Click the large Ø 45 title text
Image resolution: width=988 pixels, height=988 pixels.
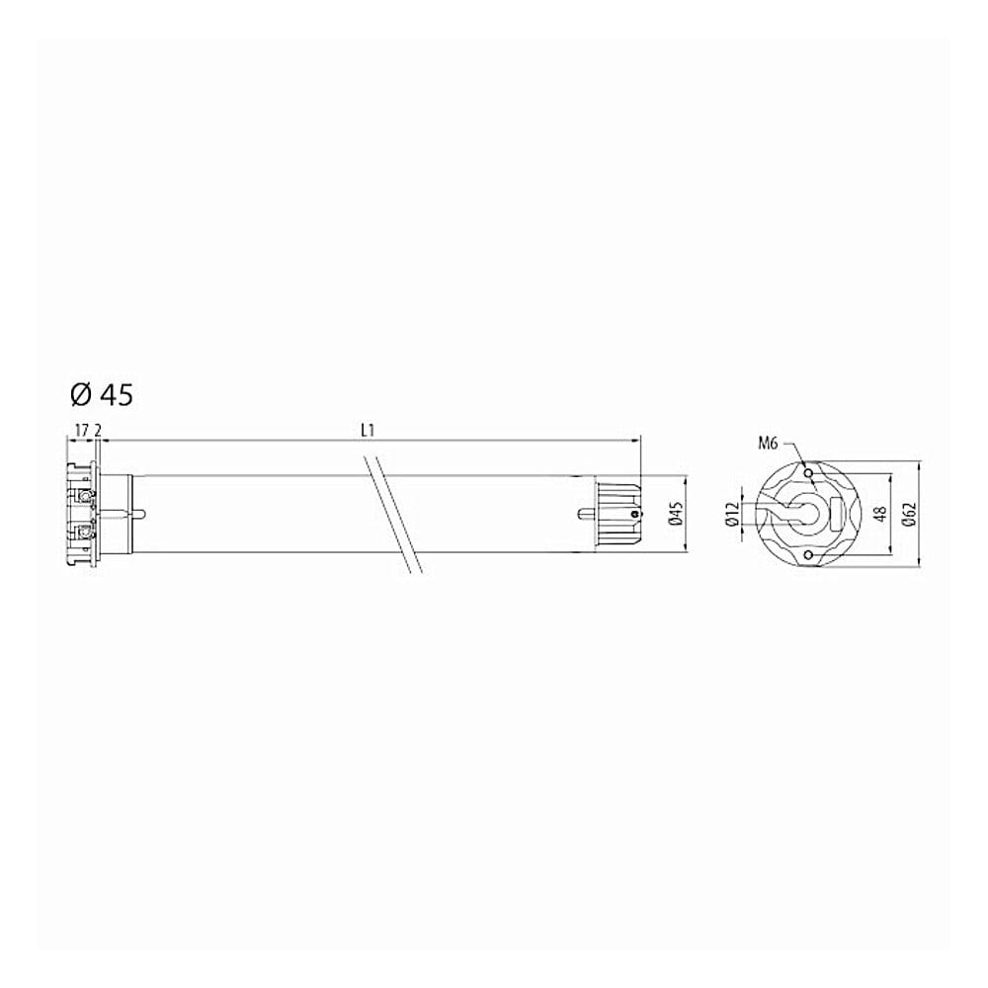tap(102, 395)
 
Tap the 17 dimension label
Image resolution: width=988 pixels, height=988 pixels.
tap(81, 431)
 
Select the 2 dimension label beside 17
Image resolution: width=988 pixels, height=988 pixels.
tap(98, 431)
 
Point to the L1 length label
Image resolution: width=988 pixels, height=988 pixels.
tap(368, 431)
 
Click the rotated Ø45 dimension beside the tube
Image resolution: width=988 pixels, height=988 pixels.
tap(675, 514)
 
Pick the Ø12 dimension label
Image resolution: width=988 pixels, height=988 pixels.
tap(731, 514)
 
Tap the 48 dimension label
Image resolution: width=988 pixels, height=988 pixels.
tap(881, 514)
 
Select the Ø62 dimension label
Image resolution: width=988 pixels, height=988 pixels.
tap(908, 514)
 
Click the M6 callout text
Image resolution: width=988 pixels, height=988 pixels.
tap(768, 444)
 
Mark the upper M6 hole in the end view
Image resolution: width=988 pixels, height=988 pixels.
tap(808, 472)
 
